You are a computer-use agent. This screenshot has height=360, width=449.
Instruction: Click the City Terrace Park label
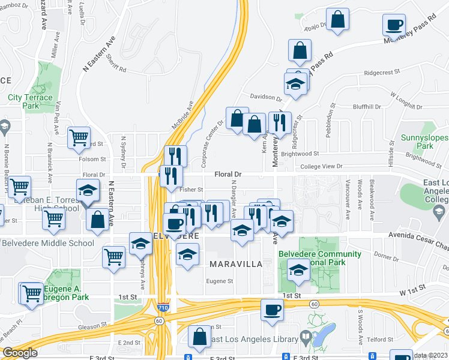pyautogui.click(x=29, y=101)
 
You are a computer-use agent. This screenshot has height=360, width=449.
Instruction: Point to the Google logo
pyautogui.click(x=20, y=353)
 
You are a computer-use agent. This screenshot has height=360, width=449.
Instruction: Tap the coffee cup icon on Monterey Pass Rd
pyautogui.click(x=394, y=25)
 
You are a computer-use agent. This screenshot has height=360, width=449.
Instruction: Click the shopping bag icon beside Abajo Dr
pyautogui.click(x=339, y=19)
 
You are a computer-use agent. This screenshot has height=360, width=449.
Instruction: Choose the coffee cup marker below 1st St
pyautogui.click(x=272, y=310)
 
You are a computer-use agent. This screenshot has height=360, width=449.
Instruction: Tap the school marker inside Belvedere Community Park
pyautogui.click(x=298, y=270)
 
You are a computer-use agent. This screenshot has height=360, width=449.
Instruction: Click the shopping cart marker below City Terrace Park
pyautogui.click(x=79, y=137)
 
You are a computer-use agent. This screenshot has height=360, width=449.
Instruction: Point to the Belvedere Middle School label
pyautogui.click(x=48, y=243)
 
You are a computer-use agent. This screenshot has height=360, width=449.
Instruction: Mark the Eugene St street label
pyautogui.click(x=219, y=281)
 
